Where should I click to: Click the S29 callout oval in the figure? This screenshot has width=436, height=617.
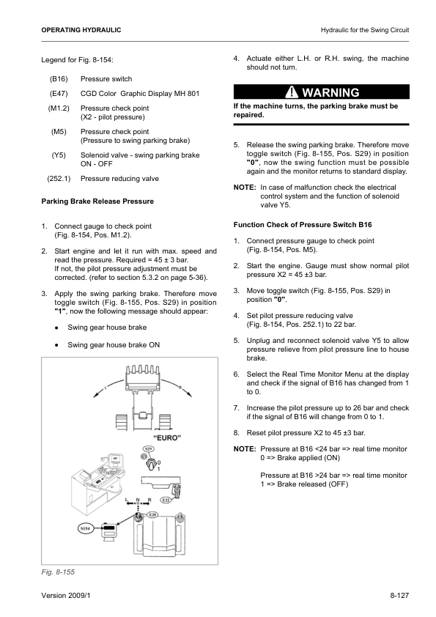pyautogui.click(x=148, y=448)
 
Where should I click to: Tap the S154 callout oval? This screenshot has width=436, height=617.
pyautogui.click(x=85, y=528)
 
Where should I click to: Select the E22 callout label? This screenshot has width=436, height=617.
pyautogui.click(x=166, y=500)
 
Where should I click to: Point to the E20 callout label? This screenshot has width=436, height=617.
pyautogui.click(x=152, y=514)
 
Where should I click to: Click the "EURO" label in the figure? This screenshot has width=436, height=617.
pyautogui.click(x=167, y=438)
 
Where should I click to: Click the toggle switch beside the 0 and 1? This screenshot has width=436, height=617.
pyautogui.click(x=150, y=465)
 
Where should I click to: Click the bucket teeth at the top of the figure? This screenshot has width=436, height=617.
pyautogui.click(x=142, y=370)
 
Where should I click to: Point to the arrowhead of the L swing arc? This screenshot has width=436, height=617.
pyautogui.click(x=95, y=395)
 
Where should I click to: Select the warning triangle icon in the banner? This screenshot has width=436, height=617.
pyautogui.click(x=292, y=92)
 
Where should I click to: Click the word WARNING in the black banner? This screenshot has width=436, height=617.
pyautogui.click(x=330, y=92)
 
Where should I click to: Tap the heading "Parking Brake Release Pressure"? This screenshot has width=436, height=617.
pyautogui.click(x=97, y=202)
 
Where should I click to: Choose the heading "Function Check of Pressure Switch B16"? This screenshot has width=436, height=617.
pyautogui.click(x=303, y=225)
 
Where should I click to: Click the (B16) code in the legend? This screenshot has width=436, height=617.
pyautogui.click(x=59, y=78)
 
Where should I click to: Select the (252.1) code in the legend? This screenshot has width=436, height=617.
pyautogui.click(x=59, y=179)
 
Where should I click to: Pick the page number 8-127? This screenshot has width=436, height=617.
pyautogui.click(x=399, y=595)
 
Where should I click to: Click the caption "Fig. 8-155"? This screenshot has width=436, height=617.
pyautogui.click(x=58, y=572)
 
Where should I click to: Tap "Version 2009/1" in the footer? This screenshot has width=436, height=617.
pyautogui.click(x=66, y=595)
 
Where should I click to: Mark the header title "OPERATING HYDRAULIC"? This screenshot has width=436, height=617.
pyautogui.click(x=81, y=30)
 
